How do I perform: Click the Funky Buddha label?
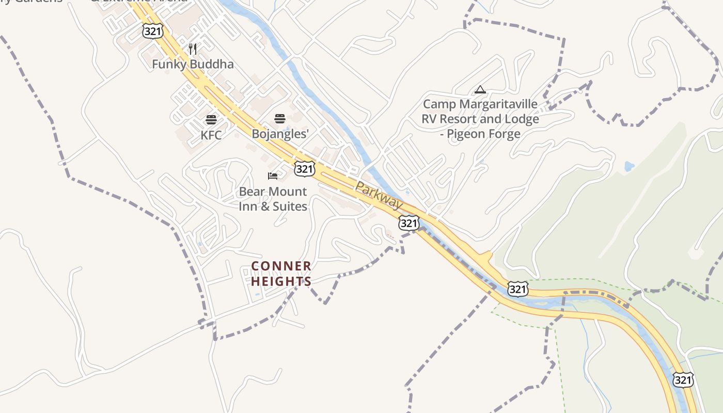(x=193, y=65)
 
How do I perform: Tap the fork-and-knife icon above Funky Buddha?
(x=193, y=49)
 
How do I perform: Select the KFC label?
(x=211, y=135)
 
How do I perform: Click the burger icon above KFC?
(x=211, y=120)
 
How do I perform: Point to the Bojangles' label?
(x=280, y=134)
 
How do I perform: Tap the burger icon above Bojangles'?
(x=280, y=119)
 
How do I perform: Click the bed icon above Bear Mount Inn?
(x=273, y=176)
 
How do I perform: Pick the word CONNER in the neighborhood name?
(x=281, y=266)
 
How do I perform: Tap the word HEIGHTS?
(x=281, y=281)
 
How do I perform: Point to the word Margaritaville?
(x=498, y=104)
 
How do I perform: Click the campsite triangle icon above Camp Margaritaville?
(x=480, y=90)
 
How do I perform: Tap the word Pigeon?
(x=466, y=134)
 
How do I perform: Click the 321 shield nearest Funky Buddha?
(x=153, y=31)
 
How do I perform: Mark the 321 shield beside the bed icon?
(x=305, y=169)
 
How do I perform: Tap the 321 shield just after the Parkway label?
(x=408, y=223)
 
